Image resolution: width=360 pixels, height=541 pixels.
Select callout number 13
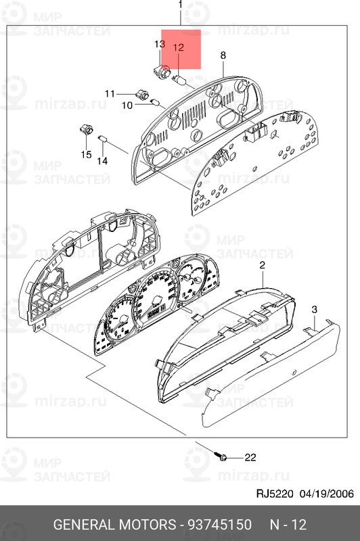[160, 44]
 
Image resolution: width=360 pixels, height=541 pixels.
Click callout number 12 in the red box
[179, 47]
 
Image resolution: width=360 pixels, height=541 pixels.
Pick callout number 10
[127, 105]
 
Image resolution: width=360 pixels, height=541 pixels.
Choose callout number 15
[86, 155]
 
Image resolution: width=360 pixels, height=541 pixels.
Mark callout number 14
[102, 161]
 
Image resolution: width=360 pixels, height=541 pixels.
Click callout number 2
[262, 267]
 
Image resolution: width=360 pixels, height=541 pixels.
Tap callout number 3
[314, 309]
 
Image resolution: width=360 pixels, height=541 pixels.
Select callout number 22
[250, 458]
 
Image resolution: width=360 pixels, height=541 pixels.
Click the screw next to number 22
[221, 458]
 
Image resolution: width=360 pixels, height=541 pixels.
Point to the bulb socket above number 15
[86, 128]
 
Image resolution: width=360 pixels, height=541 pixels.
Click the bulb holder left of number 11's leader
[141, 93]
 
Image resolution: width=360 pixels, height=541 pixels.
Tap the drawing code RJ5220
[272, 493]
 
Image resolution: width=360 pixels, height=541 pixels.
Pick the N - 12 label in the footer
[288, 525]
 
